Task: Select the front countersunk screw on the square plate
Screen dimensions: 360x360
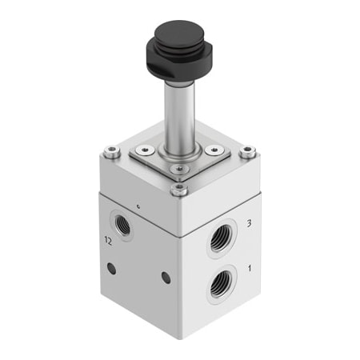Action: (178, 168)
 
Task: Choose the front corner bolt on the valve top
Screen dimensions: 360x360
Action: (181, 189)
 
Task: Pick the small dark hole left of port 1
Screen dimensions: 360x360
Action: (166, 278)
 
